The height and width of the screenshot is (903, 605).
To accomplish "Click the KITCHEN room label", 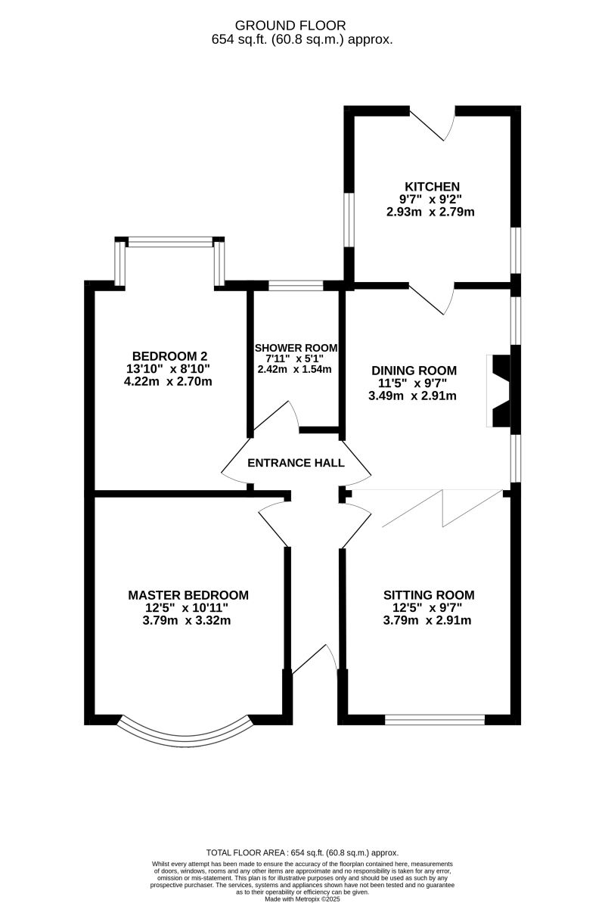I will pyautogui.click(x=432, y=187).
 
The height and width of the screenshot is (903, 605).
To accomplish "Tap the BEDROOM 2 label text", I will pyautogui.click(x=169, y=356).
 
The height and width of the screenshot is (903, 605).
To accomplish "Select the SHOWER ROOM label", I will pyautogui.click(x=296, y=347).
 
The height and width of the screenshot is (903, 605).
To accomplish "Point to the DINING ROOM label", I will pyautogui.click(x=414, y=371).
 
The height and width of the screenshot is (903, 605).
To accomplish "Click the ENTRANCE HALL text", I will pyautogui.click(x=296, y=463).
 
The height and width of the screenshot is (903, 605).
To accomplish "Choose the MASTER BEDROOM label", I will pyautogui.click(x=188, y=595).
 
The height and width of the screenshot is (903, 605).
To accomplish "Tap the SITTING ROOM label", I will pyautogui.click(x=429, y=595).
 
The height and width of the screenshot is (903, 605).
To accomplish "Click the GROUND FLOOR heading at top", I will pyautogui.click(x=302, y=26).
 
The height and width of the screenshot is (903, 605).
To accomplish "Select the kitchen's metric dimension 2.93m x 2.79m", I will pyautogui.click(x=430, y=212).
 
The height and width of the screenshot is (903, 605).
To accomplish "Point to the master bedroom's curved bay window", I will pyautogui.click(x=185, y=731).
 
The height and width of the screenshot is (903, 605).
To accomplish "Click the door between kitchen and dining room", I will pyautogui.click(x=432, y=299).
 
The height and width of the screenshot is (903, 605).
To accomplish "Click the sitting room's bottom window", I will pyautogui.click(x=434, y=719).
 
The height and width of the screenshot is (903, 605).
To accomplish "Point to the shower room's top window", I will pyautogui.click(x=296, y=285).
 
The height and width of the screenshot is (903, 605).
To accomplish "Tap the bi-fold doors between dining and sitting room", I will pyautogui.click(x=442, y=507).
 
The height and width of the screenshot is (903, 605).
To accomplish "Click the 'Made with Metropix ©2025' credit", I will pyautogui.click(x=302, y=899).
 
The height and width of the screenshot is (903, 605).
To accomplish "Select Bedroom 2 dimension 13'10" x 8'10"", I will pyautogui.click(x=169, y=369).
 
